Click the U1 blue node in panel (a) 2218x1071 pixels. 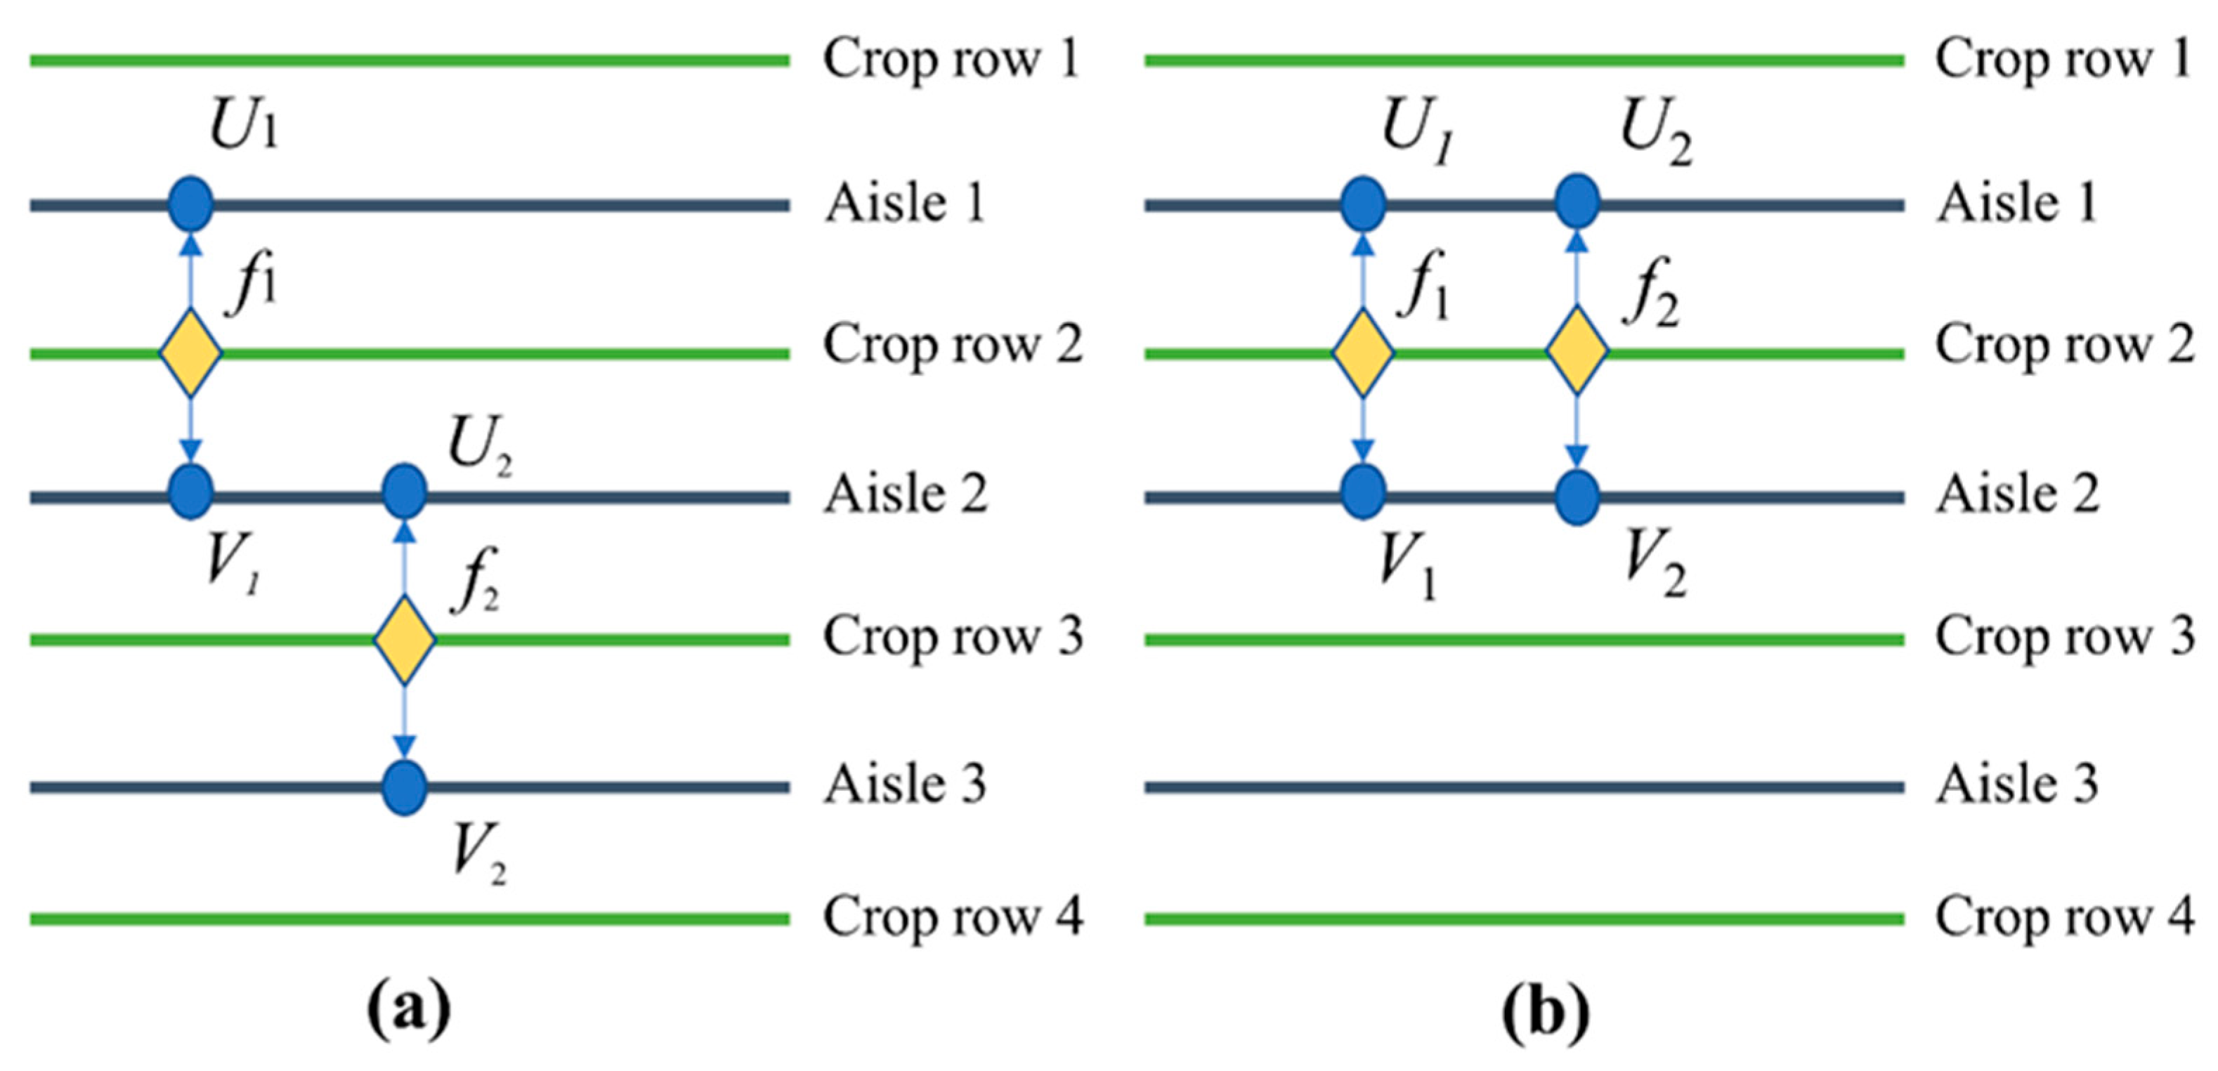point(190,205)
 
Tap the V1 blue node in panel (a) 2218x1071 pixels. point(190,492)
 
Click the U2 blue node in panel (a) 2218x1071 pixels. point(404,492)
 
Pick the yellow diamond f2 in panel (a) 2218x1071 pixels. point(404,640)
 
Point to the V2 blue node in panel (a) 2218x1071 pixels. point(404,787)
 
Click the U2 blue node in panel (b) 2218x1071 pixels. point(1577,202)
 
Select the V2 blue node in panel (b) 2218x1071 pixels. point(1577,497)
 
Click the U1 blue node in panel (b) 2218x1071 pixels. point(1362,205)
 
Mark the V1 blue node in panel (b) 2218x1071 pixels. point(1362,492)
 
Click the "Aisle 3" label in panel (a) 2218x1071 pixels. point(905,784)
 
